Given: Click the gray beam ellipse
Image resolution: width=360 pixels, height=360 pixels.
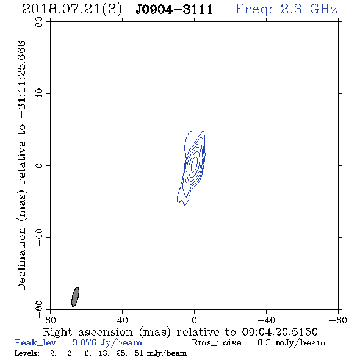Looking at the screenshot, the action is click(75, 297).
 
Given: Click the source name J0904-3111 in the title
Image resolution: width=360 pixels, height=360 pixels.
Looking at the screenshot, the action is click(175, 9).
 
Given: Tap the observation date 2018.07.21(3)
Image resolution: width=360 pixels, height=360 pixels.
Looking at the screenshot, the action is click(72, 10).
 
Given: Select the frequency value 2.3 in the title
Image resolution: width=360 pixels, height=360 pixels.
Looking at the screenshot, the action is click(291, 9).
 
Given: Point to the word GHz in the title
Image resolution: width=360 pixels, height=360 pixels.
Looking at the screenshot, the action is click(323, 9).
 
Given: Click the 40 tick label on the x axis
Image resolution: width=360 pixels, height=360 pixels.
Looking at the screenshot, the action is click(122, 320).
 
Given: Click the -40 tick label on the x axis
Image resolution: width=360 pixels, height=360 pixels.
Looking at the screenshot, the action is click(266, 320).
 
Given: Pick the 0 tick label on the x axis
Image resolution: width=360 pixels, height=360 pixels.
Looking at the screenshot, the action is click(194, 320).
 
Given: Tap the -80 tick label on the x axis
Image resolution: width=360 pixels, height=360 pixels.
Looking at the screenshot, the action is click(338, 320).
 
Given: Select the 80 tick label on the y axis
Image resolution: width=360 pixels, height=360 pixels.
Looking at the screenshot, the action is click(39, 22).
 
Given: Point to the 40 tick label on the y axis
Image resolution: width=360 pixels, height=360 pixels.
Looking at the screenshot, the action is click(39, 94).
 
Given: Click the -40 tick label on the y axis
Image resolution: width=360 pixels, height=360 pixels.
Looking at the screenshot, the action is click(39, 237).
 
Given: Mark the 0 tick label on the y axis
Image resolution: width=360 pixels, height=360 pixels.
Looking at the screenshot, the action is click(39, 165).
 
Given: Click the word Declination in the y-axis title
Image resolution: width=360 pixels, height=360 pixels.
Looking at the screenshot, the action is click(21, 259).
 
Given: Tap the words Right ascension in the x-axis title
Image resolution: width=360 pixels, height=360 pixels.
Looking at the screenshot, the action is click(88, 332).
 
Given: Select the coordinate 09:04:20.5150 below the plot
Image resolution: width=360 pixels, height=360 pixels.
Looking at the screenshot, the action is click(279, 332).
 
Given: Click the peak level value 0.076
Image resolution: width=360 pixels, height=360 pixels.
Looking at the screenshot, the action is click(84, 342).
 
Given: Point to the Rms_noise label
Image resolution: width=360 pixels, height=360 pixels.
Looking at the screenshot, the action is click(220, 343).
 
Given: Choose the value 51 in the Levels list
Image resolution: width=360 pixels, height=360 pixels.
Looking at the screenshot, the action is click(139, 353).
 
